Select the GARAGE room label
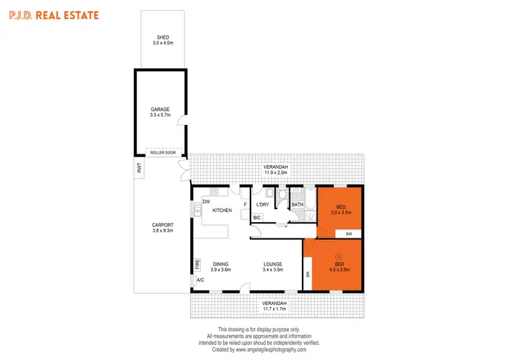click(160, 109)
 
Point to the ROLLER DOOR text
click(163, 152)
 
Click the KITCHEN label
click(222, 211)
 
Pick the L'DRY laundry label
click(263, 204)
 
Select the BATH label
click(297, 204)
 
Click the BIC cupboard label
click(257, 217)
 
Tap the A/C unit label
click(200, 280)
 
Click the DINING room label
click(220, 264)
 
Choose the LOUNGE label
click(273, 264)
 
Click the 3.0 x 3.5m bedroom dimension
click(341, 213)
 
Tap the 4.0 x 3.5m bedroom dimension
click(340, 270)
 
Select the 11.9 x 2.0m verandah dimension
click(276, 173)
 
